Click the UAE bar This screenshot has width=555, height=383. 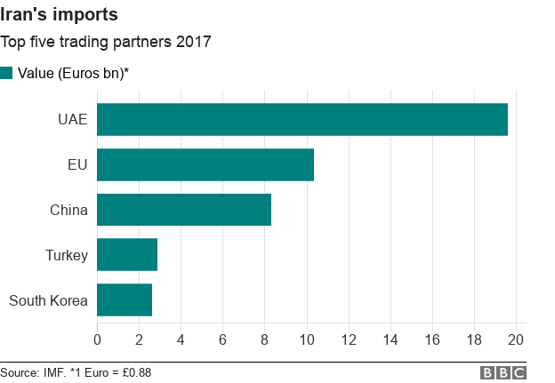click(x=302, y=119)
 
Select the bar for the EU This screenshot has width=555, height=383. click(x=205, y=164)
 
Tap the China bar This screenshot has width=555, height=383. click(x=184, y=210)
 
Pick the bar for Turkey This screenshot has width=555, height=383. click(x=127, y=255)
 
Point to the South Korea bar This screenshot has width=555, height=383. click(x=125, y=300)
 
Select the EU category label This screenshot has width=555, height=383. click(x=77, y=164)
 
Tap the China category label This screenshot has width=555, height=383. click(x=68, y=210)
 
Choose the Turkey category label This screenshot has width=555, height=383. click(x=67, y=255)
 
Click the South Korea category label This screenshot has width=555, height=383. click(x=48, y=300)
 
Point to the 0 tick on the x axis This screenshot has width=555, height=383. click(x=97, y=339)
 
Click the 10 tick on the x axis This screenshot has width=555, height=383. click(x=307, y=339)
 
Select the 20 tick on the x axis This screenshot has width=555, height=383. click(x=517, y=339)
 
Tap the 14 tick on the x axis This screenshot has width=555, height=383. click(x=390, y=339)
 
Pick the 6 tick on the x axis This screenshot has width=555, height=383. click(x=223, y=339)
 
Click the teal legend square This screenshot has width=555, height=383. click(x=7, y=73)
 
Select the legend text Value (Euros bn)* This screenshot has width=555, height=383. click(x=74, y=73)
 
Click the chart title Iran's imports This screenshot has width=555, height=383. click(x=59, y=15)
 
